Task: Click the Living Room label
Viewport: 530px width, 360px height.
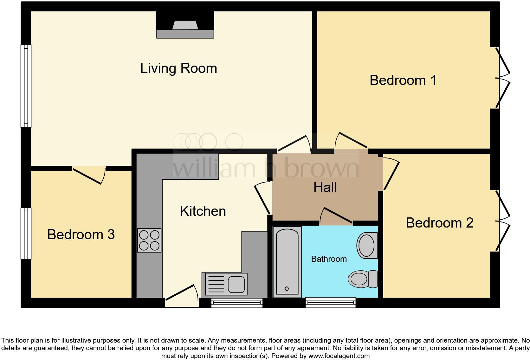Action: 178,68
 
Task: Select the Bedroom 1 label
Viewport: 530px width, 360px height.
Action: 403,80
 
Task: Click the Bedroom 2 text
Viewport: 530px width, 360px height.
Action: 439,223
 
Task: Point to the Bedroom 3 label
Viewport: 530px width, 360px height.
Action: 81,235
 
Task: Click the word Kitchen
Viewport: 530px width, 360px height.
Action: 203,211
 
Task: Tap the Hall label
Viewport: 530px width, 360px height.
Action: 325,187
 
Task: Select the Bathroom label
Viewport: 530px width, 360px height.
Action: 329,259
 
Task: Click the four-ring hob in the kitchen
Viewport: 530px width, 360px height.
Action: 149,240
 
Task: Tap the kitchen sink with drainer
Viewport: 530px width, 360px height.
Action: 224,284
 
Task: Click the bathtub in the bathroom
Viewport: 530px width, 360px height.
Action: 287,262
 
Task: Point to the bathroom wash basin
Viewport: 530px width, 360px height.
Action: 367,246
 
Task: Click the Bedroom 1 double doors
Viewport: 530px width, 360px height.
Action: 502,78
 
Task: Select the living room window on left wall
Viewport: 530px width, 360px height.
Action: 26,86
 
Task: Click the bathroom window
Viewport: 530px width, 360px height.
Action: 330,303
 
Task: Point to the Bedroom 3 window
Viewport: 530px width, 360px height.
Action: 26,233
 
